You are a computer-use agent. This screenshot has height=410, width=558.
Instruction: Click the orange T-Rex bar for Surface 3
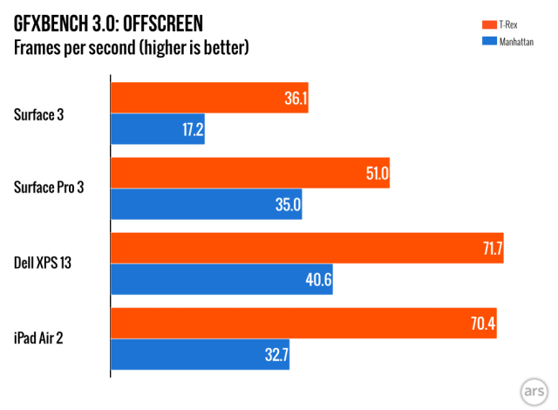click(x=209, y=99)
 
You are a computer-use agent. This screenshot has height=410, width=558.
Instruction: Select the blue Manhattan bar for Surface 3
click(x=158, y=128)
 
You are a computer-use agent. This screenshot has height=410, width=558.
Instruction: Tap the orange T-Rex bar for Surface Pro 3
click(x=250, y=174)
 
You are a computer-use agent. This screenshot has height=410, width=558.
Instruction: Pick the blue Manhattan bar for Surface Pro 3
click(x=207, y=204)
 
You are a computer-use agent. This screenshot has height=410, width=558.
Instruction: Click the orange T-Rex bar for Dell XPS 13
click(x=308, y=249)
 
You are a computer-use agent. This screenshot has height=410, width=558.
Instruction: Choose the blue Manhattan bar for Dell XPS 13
click(x=222, y=279)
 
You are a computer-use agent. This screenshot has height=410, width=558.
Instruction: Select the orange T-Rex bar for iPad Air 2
click(x=304, y=324)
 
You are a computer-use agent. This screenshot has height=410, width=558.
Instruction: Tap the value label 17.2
click(x=191, y=129)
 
